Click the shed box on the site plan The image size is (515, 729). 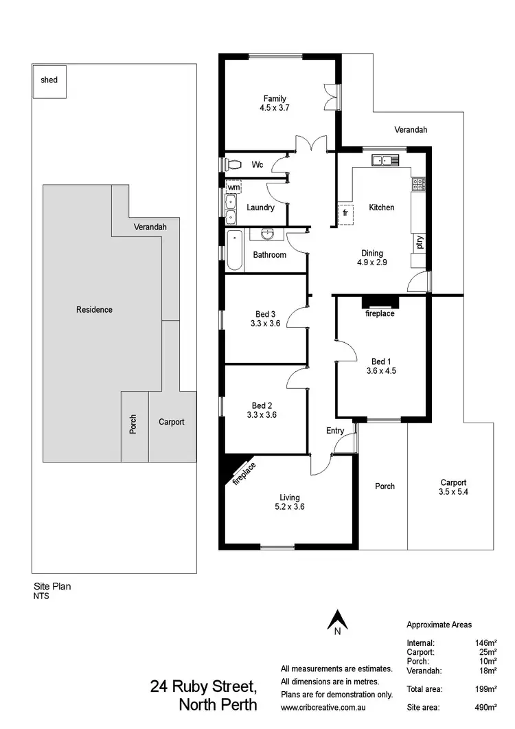click(x=49, y=80)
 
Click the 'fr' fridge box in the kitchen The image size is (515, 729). click(x=345, y=214)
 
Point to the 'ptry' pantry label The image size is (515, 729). click(x=418, y=243)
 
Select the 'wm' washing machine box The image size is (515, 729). click(x=233, y=187)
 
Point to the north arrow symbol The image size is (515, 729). click(x=337, y=620)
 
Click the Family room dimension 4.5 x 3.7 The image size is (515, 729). click(x=275, y=109)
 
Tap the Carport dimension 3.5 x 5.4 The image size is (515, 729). click(x=454, y=492)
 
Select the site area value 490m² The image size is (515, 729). click(x=485, y=707)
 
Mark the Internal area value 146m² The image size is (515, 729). click(x=485, y=643)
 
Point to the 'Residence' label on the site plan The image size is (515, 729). click(x=94, y=310)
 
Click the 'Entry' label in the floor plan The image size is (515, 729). click(x=335, y=431)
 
